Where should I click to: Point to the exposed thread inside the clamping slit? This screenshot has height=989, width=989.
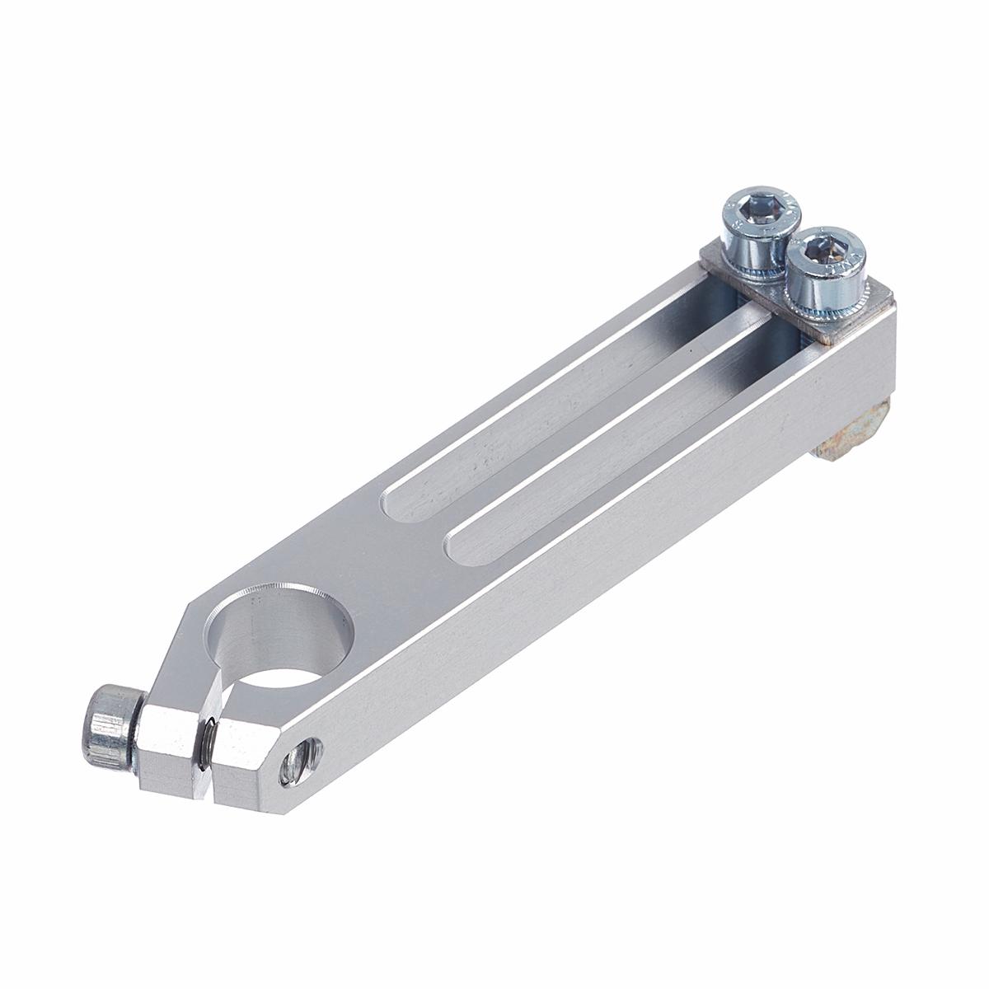tap(210, 729)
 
